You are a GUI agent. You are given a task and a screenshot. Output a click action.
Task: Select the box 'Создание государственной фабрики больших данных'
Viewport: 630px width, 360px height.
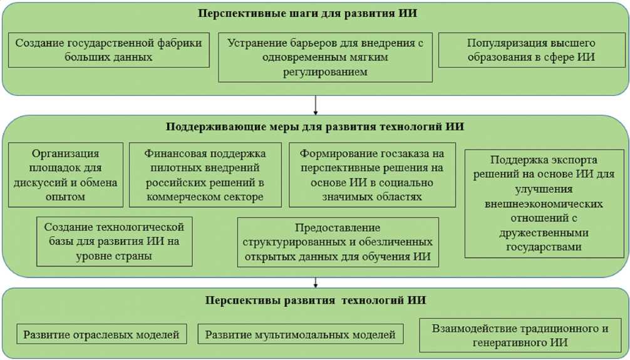click(109, 50)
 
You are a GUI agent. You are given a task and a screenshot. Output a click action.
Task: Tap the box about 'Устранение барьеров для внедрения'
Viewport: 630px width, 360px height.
click(325, 58)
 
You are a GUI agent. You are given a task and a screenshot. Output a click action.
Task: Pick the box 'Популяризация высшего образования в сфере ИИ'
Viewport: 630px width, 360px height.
click(531, 50)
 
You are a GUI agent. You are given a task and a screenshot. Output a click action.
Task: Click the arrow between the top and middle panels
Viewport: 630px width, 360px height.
click(316, 103)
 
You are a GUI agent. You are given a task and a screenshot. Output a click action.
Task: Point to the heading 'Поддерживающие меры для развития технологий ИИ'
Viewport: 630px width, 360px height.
click(315, 127)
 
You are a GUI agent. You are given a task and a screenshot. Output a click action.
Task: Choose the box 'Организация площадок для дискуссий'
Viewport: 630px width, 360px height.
click(66, 175)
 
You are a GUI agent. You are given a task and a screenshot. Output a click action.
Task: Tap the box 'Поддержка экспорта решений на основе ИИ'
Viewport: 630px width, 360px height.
click(544, 203)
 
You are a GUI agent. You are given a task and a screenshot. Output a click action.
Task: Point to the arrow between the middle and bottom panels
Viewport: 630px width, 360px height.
click(316, 282)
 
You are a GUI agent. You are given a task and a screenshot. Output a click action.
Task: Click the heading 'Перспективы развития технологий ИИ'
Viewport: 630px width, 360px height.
click(315, 301)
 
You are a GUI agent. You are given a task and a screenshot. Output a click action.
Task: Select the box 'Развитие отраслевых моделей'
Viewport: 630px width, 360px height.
click(101, 334)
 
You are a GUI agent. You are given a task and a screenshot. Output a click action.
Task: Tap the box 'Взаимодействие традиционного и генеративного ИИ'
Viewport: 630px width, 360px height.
click(520, 336)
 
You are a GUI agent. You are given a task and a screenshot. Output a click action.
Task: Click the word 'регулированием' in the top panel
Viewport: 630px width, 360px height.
click(324, 72)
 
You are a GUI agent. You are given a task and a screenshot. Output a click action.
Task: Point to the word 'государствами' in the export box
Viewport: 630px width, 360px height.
click(544, 247)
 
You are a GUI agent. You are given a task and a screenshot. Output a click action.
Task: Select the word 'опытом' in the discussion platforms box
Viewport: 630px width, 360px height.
click(66, 197)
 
